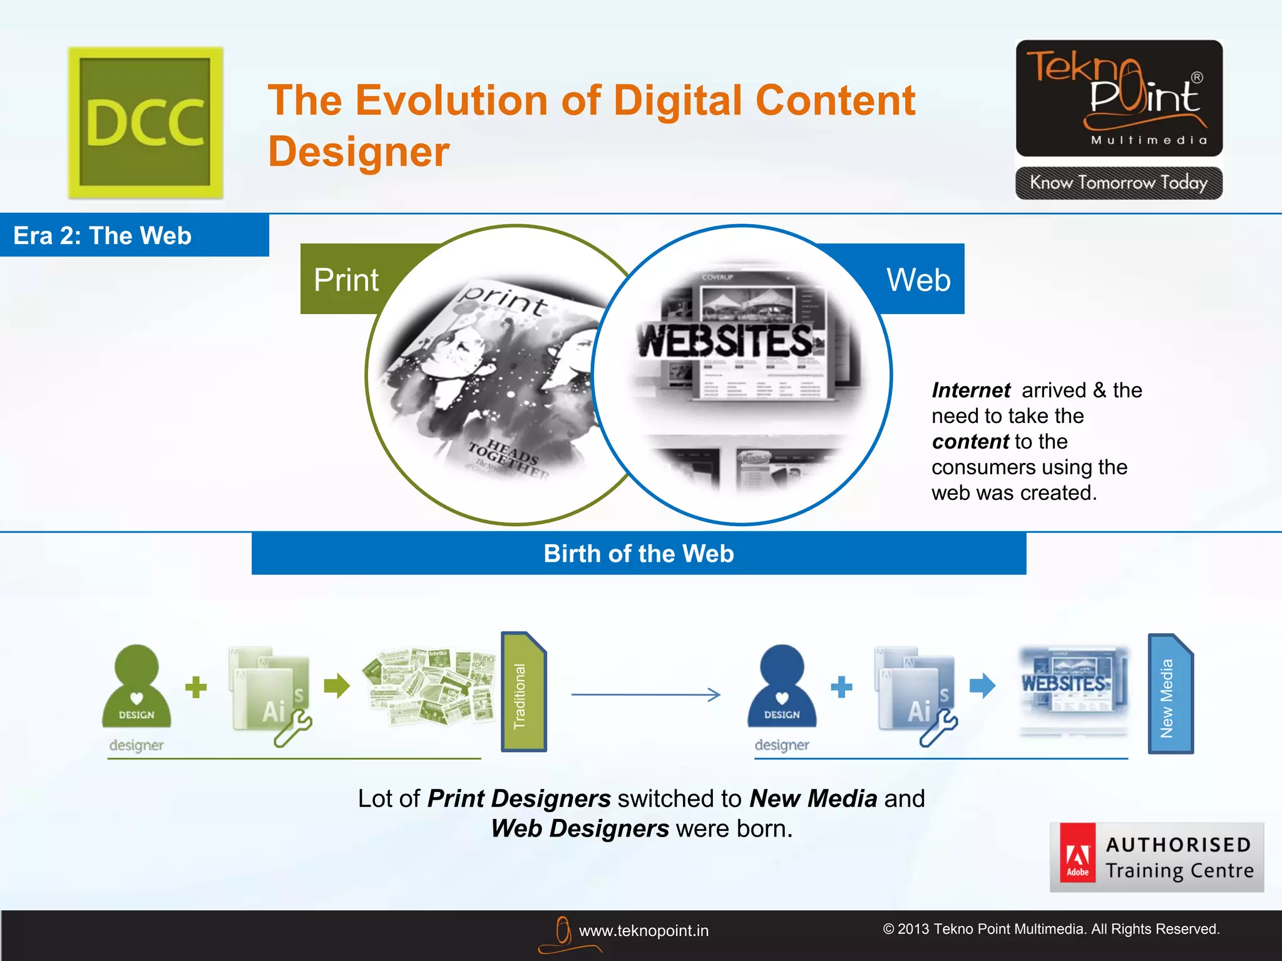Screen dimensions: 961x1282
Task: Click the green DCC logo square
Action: (x=145, y=123)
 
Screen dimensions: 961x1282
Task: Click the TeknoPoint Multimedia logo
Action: (x=1119, y=98)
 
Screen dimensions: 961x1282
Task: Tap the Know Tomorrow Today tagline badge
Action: (x=1119, y=183)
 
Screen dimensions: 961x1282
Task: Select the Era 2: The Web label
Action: (x=103, y=236)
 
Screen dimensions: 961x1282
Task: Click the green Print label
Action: (x=346, y=280)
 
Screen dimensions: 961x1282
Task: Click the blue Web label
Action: (x=918, y=280)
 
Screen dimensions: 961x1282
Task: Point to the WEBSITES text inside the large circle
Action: (x=726, y=341)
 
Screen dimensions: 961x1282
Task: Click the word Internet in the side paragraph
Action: (x=970, y=390)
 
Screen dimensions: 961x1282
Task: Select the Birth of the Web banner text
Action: (x=638, y=554)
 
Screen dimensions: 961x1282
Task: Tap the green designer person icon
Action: (x=136, y=687)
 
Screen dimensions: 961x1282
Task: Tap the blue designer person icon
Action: (x=782, y=687)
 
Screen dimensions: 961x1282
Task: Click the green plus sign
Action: (x=196, y=687)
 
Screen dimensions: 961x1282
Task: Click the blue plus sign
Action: (x=841, y=687)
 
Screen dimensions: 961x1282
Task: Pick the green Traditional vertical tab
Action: (x=523, y=693)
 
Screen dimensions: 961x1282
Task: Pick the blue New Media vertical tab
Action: (x=1170, y=694)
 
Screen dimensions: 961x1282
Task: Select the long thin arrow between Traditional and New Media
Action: (x=645, y=694)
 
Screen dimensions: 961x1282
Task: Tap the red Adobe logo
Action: (x=1077, y=853)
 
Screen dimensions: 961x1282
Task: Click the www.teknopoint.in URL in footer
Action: (x=644, y=931)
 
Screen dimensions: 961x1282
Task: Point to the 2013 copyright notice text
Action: (x=1051, y=929)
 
